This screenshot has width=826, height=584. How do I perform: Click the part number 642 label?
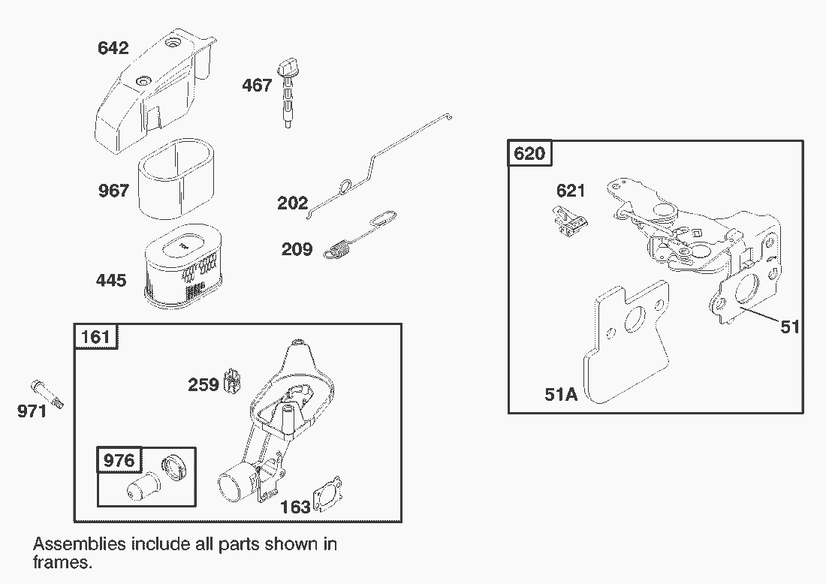[x=113, y=48]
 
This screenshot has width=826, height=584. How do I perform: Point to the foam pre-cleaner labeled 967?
[x=176, y=179]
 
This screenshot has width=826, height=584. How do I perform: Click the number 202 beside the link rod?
[x=292, y=203]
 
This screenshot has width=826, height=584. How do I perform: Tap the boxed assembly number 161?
[x=96, y=336]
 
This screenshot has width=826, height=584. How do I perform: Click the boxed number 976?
[x=119, y=460]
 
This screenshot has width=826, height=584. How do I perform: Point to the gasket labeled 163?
[x=327, y=494]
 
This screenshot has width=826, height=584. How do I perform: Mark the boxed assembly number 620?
[x=529, y=153]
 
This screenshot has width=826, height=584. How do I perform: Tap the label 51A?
[x=561, y=394]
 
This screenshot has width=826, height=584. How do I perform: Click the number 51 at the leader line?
[x=790, y=327]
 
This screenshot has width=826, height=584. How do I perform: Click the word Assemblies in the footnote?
[x=80, y=543]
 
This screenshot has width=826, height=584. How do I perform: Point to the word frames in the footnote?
[x=62, y=562]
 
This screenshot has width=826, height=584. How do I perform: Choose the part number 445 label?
[x=111, y=280]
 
